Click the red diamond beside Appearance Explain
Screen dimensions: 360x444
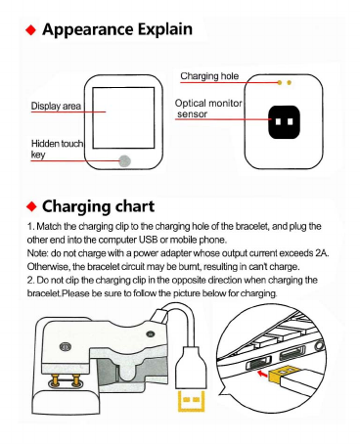click(31, 30)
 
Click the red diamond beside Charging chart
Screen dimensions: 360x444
click(31, 206)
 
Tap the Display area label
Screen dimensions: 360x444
click(56, 106)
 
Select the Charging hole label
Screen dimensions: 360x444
click(209, 76)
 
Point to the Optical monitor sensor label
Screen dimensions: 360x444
click(208, 109)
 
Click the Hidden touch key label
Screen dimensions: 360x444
click(57, 149)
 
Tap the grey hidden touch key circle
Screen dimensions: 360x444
click(124, 160)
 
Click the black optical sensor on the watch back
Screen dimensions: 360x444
click(284, 122)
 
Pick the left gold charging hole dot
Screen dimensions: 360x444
click(280, 83)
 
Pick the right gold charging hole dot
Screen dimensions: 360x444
click(289, 83)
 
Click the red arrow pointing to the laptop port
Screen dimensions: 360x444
click(262, 374)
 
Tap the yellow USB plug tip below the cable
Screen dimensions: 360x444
click(191, 401)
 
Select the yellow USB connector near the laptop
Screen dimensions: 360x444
click(281, 374)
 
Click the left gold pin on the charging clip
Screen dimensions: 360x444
click(57, 379)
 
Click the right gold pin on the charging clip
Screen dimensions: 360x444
click(76, 379)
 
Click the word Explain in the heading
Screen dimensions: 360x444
click(164, 29)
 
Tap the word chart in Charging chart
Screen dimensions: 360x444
click(135, 206)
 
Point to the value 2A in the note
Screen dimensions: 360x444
click(321, 253)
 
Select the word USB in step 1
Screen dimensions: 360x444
click(149, 240)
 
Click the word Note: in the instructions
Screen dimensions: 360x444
click(38, 253)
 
